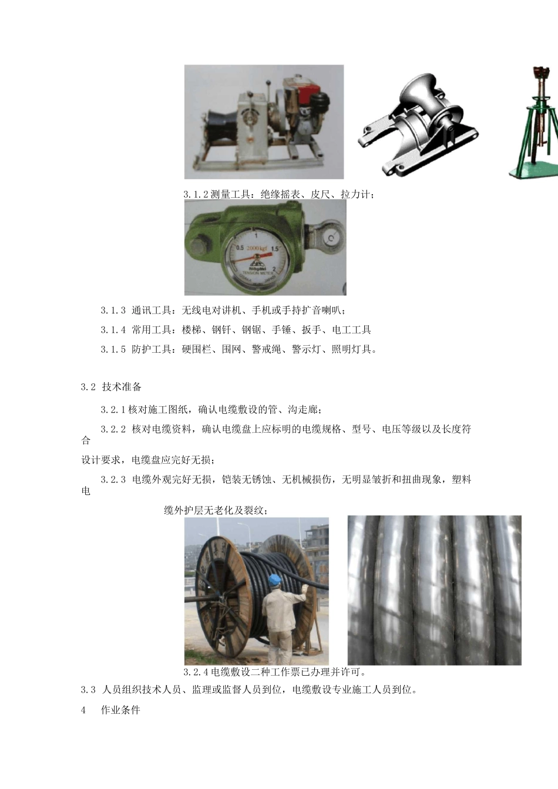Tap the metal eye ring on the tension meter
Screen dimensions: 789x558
pos(330,236)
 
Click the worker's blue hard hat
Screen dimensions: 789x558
pos(275,580)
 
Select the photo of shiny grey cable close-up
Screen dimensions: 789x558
pos(434,589)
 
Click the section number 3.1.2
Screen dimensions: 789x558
pos(196,194)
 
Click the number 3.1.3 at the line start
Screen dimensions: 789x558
pos(113,310)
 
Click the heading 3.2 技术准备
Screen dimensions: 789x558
pos(112,387)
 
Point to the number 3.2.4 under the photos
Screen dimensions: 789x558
pos(196,672)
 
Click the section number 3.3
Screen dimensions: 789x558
pos(88,690)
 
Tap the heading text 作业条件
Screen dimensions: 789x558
pos(120,710)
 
